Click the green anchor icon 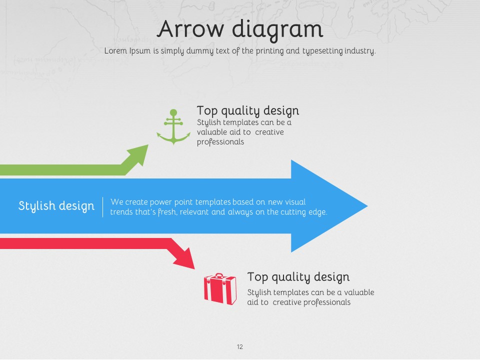173,126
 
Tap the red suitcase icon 220,289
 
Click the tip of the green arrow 148,145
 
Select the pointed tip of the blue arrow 367,206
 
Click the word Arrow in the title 190,29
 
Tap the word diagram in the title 277,30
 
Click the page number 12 239,346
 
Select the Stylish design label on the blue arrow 56,206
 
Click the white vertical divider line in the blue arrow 102,207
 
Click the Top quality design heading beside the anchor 247,111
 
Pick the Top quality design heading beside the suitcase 298,277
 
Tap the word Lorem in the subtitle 115,50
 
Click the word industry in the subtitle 359,51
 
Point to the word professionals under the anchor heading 220,141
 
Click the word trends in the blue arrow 121,212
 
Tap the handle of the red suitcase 219,275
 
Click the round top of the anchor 173,112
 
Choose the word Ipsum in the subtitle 139,51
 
